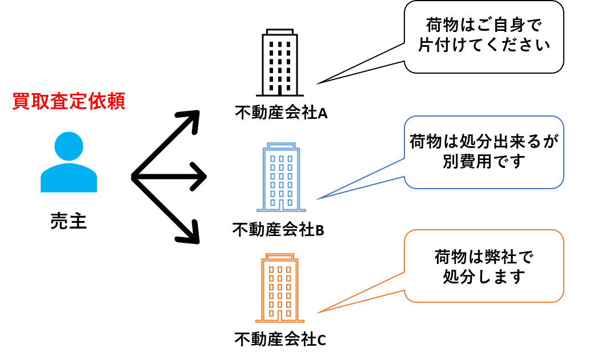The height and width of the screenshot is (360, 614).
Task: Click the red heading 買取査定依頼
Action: (x=69, y=102)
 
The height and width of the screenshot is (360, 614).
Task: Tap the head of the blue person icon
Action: (x=69, y=146)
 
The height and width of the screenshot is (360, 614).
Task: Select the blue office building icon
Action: (x=281, y=177)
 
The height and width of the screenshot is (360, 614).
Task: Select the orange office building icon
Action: (x=280, y=289)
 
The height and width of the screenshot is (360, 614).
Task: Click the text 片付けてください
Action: (x=484, y=46)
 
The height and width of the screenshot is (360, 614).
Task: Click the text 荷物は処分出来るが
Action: (x=484, y=141)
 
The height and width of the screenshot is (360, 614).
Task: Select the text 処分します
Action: (x=484, y=277)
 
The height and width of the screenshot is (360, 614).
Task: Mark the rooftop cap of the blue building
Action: (x=281, y=146)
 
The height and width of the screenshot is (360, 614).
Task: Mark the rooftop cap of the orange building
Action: (x=280, y=257)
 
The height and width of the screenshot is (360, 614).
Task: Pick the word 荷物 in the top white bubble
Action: (x=438, y=26)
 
